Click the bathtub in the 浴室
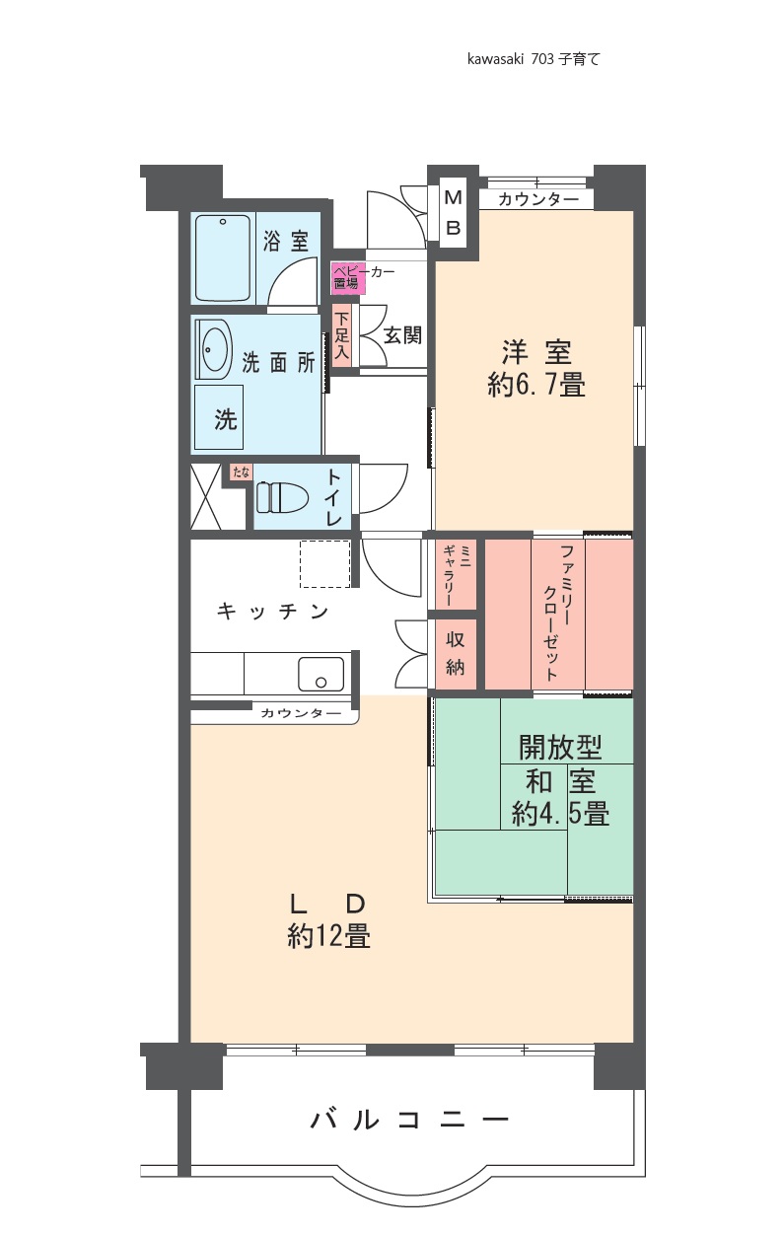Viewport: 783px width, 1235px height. (x=223, y=258)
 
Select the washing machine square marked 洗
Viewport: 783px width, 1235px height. (x=219, y=417)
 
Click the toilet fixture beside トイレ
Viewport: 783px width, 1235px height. (x=281, y=497)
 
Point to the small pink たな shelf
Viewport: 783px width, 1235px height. (x=241, y=472)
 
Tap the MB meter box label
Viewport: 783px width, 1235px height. (x=453, y=212)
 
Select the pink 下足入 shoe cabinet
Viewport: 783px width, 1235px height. (x=341, y=335)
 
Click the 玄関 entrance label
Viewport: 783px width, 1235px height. (x=402, y=334)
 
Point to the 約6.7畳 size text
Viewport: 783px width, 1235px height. (x=536, y=385)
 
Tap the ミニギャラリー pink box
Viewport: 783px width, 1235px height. (x=456, y=575)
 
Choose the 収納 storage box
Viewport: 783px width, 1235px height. (x=456, y=654)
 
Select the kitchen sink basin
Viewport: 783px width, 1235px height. (x=320, y=674)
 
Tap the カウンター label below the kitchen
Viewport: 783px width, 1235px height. (x=301, y=714)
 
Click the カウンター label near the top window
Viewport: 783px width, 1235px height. (x=538, y=199)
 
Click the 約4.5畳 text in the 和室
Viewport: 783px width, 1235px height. (x=561, y=813)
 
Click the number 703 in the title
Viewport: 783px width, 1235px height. (x=542, y=59)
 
